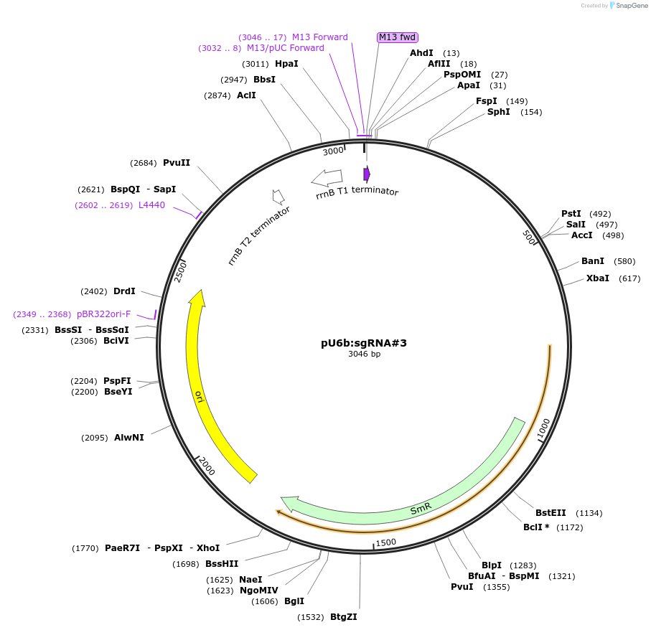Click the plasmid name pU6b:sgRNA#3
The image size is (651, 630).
click(x=364, y=343)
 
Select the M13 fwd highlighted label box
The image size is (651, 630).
click(x=398, y=37)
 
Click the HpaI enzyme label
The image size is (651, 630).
click(x=286, y=64)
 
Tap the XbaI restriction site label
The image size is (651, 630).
click(x=597, y=278)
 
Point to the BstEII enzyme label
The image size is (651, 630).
click(x=551, y=513)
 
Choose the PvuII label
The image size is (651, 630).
click(x=177, y=163)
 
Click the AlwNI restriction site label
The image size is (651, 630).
click(x=128, y=438)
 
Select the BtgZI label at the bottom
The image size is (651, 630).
click(x=343, y=617)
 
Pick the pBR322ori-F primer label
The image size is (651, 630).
click(x=103, y=314)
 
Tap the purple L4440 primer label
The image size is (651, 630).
click(x=151, y=205)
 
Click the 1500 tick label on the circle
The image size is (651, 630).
click(x=385, y=542)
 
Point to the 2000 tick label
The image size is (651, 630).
click(x=207, y=466)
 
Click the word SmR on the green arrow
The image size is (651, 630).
click(x=421, y=509)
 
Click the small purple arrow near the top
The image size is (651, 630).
click(x=367, y=174)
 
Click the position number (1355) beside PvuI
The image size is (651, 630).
click(x=497, y=587)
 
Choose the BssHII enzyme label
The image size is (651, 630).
click(x=222, y=564)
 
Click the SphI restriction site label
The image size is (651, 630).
click(x=498, y=112)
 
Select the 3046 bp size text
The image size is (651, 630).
click(x=364, y=354)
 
